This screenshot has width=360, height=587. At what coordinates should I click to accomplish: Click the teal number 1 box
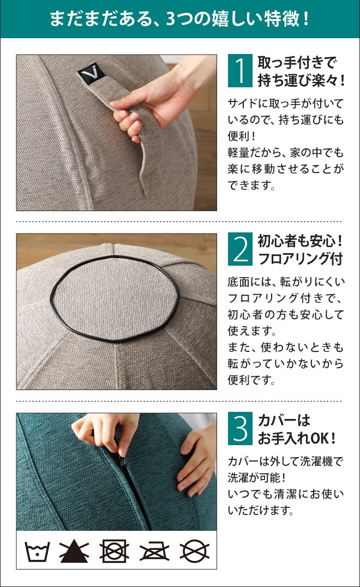[240, 71]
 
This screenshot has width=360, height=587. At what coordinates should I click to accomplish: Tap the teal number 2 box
[240, 249]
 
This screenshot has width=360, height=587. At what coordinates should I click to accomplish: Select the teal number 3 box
[240, 429]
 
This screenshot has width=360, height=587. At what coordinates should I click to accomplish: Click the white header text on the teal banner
[179, 19]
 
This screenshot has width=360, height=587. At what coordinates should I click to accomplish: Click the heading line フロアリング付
[299, 259]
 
